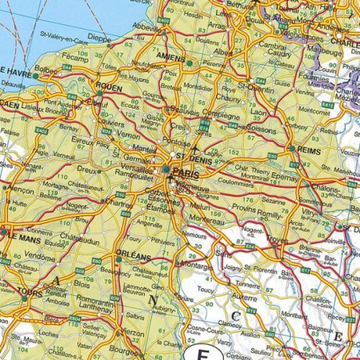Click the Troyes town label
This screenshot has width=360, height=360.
[x=298, y=240]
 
